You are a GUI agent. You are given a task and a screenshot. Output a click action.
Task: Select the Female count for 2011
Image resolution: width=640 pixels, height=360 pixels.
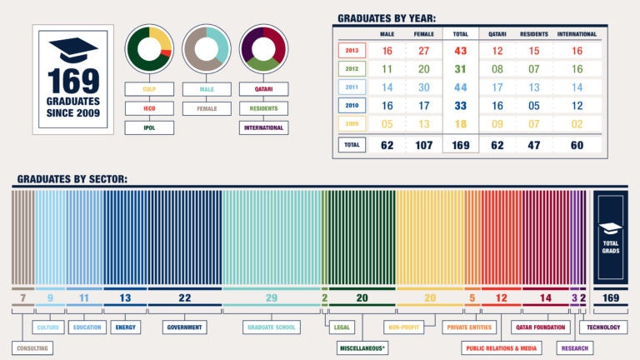pyautogui.click(x=423, y=87)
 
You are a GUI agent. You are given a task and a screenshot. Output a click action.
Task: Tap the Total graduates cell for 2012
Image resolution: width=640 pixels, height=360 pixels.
pyautogui.click(x=460, y=68)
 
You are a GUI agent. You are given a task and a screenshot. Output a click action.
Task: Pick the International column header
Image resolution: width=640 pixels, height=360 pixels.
pyautogui.click(x=577, y=34)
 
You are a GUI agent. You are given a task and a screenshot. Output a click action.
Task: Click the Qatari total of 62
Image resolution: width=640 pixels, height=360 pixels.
pyautogui.click(x=497, y=144)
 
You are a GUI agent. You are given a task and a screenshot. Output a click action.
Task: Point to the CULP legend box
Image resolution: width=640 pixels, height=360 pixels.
pyautogui.click(x=150, y=88)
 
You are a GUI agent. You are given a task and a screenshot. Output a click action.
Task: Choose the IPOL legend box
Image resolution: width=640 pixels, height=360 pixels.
pyautogui.click(x=150, y=127)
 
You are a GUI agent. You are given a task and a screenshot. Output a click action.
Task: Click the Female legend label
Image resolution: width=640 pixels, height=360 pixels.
pyautogui.click(x=207, y=108)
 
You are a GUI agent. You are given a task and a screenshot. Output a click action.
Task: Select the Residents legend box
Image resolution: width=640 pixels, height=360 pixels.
pyautogui.click(x=263, y=108)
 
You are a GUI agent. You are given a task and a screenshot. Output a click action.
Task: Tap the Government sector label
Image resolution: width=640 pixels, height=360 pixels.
pyautogui.click(x=184, y=327)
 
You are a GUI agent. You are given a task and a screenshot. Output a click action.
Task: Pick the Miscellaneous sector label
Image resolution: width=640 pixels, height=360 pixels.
pyautogui.click(x=362, y=347)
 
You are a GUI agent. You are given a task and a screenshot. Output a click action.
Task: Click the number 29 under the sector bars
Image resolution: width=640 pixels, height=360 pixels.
pyautogui.click(x=271, y=297)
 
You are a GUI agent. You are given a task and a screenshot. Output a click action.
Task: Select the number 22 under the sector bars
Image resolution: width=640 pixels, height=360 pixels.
pyautogui.click(x=184, y=297)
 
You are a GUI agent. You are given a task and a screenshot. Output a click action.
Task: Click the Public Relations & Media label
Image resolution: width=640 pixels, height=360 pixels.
pyautogui.click(x=502, y=347)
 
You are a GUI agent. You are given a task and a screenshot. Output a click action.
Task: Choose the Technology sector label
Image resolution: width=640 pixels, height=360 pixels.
pyautogui.click(x=603, y=327)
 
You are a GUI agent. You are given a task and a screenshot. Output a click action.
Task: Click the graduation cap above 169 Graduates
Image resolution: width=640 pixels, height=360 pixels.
pyautogui.click(x=73, y=47)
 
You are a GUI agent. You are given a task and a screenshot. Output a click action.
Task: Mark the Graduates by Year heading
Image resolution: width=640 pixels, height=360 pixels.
pyautogui.click(x=386, y=17)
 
